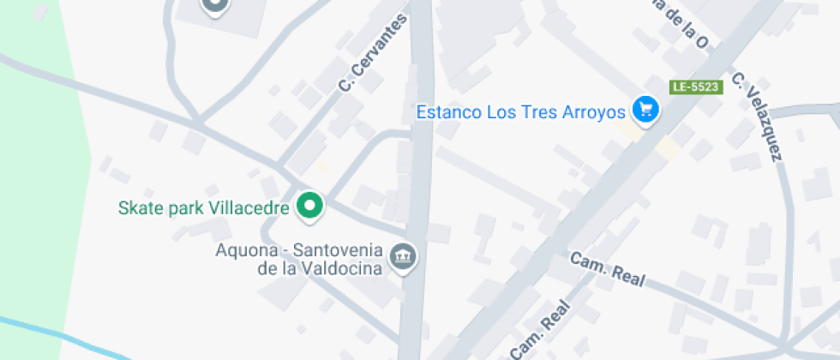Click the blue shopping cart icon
(645, 109)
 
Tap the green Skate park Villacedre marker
(309, 206)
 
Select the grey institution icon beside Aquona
(403, 255)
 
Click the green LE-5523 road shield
(695, 87)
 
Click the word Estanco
(448, 112)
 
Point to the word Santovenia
(340, 250)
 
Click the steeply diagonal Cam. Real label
(540, 329)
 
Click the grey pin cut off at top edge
(215, 7)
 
